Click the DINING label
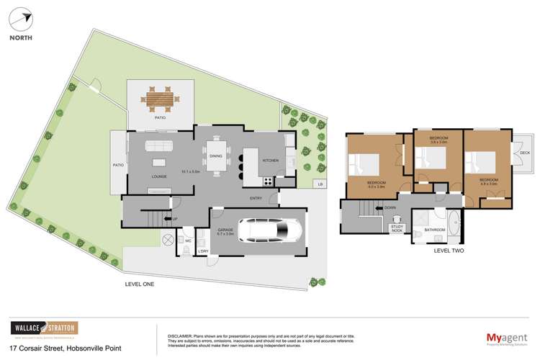coord(216,156)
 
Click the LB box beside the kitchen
coord(319,184)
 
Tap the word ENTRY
coord(256,199)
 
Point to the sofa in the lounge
coord(157,148)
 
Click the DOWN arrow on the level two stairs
coord(387,208)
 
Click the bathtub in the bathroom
coord(454,226)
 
